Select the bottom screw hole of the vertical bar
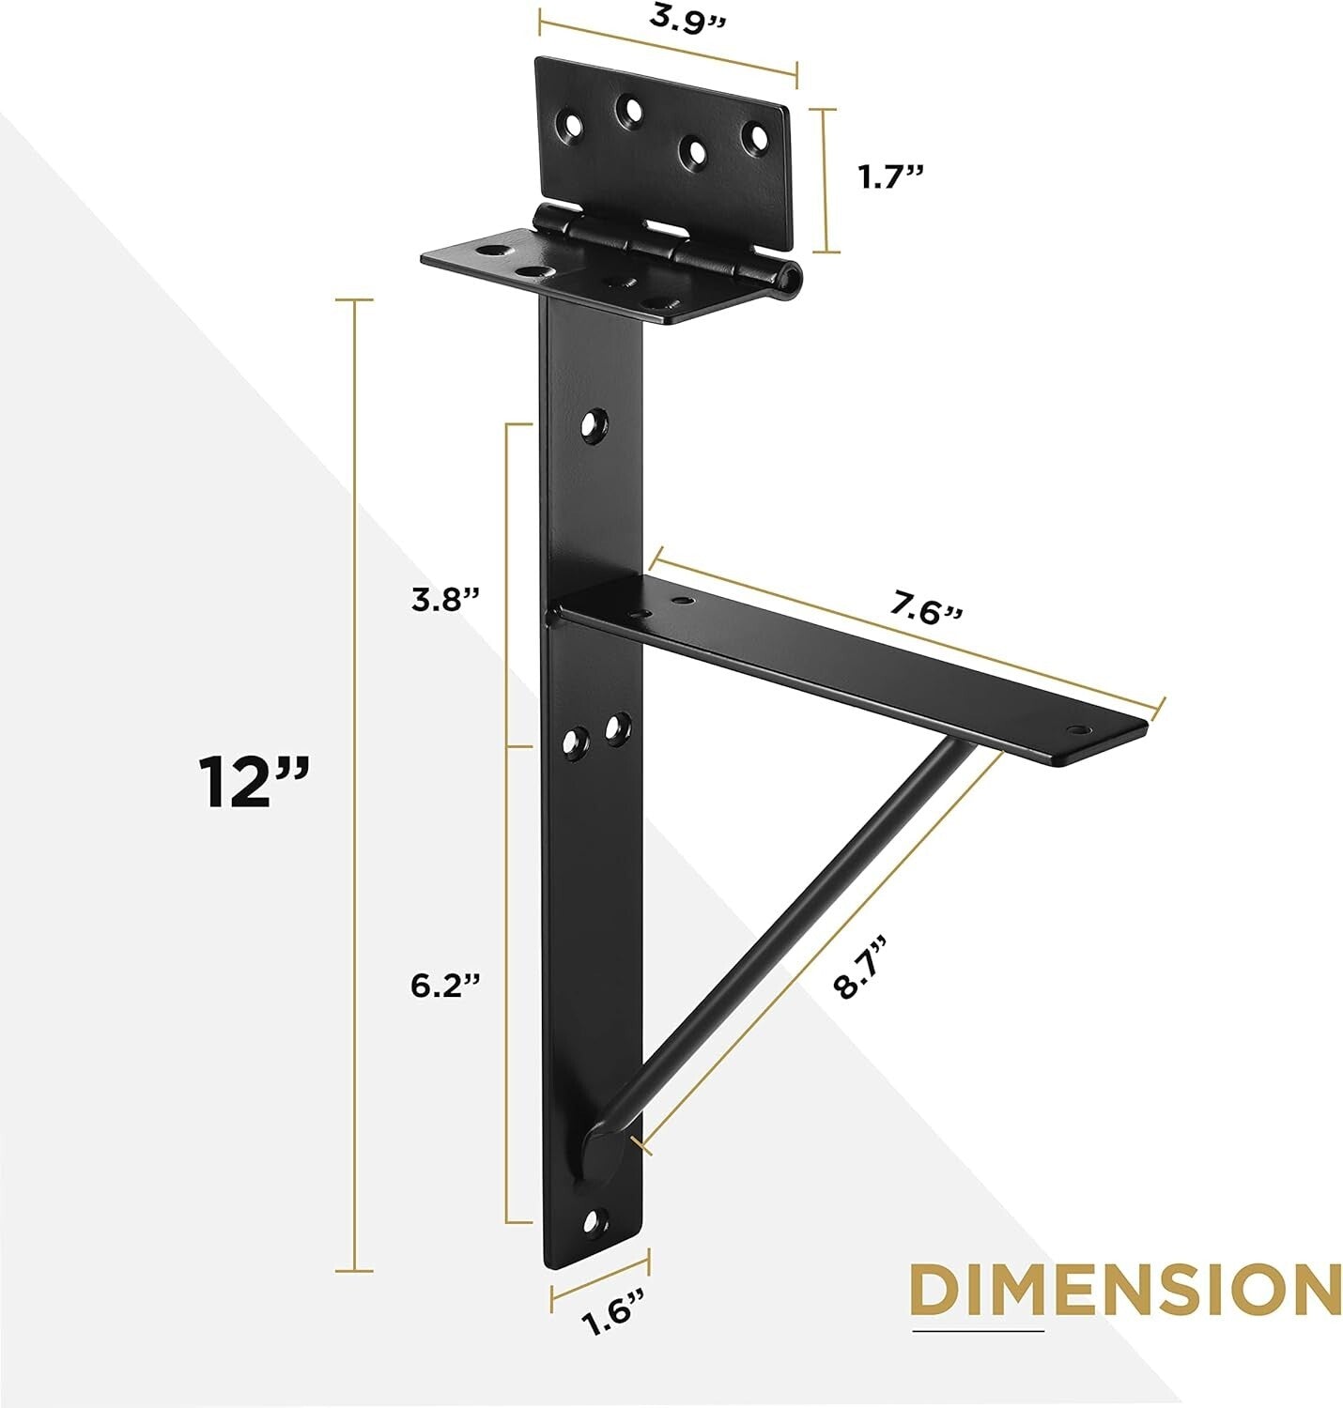click(x=593, y=1220)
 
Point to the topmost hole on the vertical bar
click(x=592, y=425)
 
